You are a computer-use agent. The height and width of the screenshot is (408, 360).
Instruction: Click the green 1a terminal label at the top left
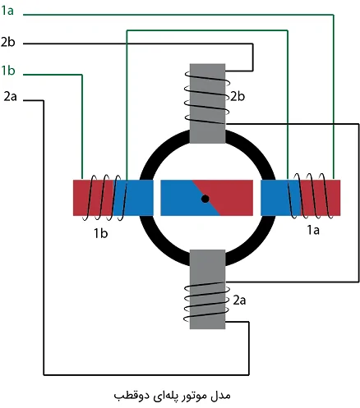coord(7,11)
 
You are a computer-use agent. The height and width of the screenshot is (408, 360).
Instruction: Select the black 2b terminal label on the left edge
coord(7,42)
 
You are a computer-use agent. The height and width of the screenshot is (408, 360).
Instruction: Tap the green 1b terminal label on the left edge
coord(8,71)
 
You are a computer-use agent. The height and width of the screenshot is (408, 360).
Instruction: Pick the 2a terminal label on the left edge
coord(10,97)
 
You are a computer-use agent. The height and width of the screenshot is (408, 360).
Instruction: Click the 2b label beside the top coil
coord(238,96)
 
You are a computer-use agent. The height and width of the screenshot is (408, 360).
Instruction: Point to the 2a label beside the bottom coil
coord(239,300)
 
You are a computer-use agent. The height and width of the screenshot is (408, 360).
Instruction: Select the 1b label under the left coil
coord(100,233)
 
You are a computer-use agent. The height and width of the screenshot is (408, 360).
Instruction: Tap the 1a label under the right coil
coord(313,230)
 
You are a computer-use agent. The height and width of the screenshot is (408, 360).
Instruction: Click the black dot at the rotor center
coord(205,199)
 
